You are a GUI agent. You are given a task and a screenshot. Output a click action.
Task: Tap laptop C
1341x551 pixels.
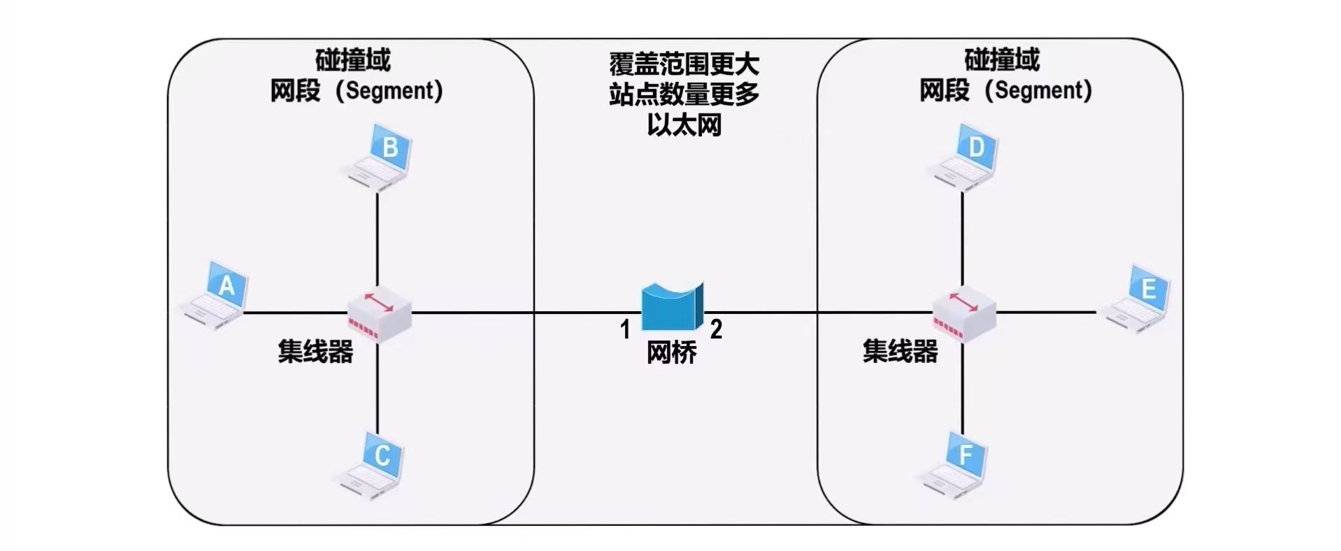(x=373, y=465)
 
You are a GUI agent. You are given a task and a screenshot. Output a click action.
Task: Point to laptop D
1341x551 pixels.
(x=966, y=158)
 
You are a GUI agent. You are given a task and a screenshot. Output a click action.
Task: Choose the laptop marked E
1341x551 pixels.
(x=1138, y=299)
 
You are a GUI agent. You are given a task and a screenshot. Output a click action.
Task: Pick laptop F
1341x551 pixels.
(x=956, y=465)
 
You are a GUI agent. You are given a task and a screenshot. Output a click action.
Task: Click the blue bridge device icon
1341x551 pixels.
(x=672, y=306)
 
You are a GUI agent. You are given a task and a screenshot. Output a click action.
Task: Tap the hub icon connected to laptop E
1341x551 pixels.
(x=964, y=313)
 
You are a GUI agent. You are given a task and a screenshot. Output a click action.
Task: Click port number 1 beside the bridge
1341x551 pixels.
(x=625, y=329)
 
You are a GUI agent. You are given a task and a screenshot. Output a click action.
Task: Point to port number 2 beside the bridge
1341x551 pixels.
(x=716, y=329)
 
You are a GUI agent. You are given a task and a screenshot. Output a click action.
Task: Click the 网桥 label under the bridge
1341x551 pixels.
(x=671, y=352)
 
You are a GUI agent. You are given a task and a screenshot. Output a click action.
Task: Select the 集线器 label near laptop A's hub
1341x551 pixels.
(x=315, y=351)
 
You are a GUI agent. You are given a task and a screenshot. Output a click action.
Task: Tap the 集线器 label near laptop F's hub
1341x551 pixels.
(x=900, y=351)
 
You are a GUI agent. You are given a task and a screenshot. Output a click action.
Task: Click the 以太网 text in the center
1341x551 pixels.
(x=684, y=125)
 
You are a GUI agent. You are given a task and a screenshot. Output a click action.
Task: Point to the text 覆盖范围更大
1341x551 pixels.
(x=684, y=64)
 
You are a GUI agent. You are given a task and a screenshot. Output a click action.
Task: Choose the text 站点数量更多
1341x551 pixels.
(x=684, y=94)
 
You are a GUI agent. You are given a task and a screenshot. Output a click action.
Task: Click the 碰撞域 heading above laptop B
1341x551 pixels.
(x=353, y=60)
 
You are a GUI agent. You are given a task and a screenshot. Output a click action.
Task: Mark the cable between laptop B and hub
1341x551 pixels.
(x=378, y=238)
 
